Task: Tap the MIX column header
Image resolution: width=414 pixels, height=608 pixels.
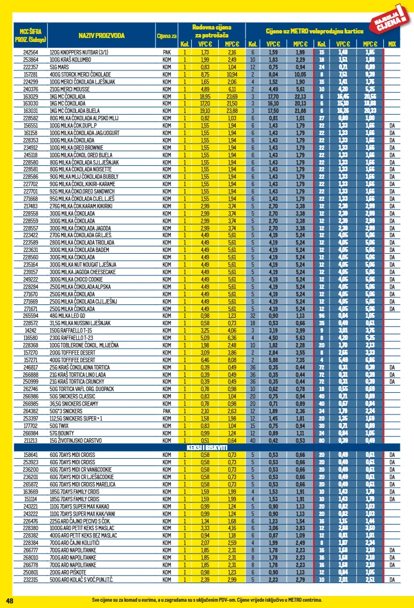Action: tap(392, 44)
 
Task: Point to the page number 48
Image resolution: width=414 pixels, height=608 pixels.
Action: tap(9, 600)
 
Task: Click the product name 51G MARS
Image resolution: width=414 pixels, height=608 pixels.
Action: tap(59, 66)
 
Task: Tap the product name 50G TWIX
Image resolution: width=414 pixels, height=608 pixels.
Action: tap(59, 425)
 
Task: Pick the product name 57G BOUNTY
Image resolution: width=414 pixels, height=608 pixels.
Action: tap(61, 432)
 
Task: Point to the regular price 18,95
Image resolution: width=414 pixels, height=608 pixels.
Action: tap(205, 96)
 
